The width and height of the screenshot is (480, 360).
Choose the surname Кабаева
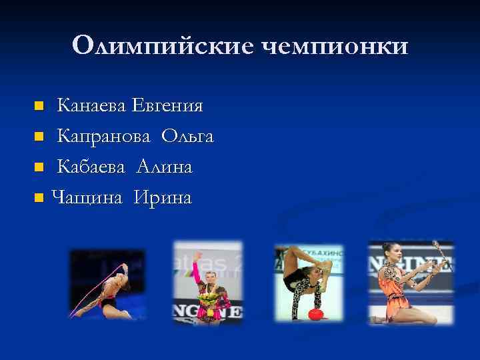[91, 167]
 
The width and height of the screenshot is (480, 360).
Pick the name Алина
[165, 167]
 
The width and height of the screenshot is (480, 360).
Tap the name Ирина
[162, 197]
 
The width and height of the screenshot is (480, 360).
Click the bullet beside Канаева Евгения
[39, 106]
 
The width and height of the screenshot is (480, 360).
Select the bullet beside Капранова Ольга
[39, 137]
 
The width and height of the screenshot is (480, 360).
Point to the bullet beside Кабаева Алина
[39, 167]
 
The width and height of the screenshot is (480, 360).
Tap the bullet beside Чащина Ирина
[39, 198]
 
